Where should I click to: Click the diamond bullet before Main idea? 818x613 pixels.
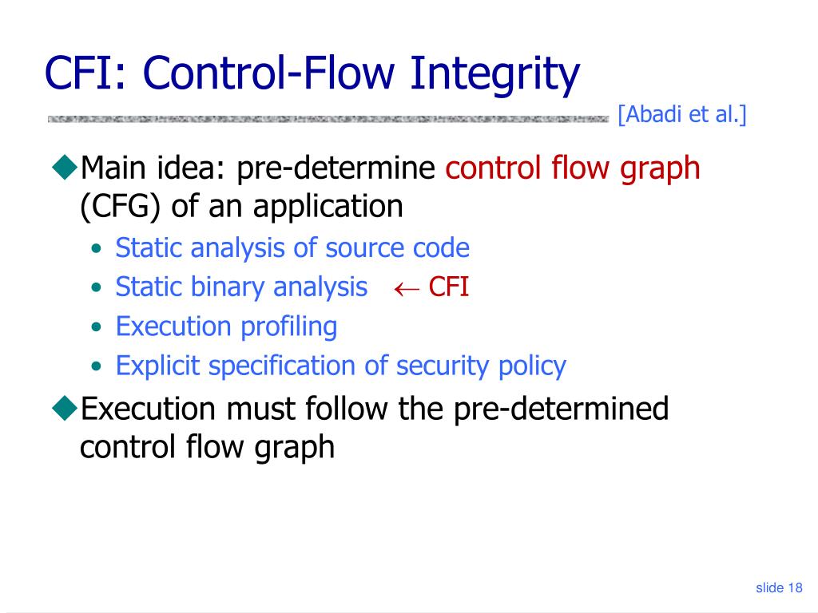[x=63, y=168]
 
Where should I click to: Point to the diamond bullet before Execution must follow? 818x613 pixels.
[x=63, y=408]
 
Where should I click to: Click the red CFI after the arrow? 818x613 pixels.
[x=448, y=287]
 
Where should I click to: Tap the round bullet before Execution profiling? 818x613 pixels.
[x=96, y=327]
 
